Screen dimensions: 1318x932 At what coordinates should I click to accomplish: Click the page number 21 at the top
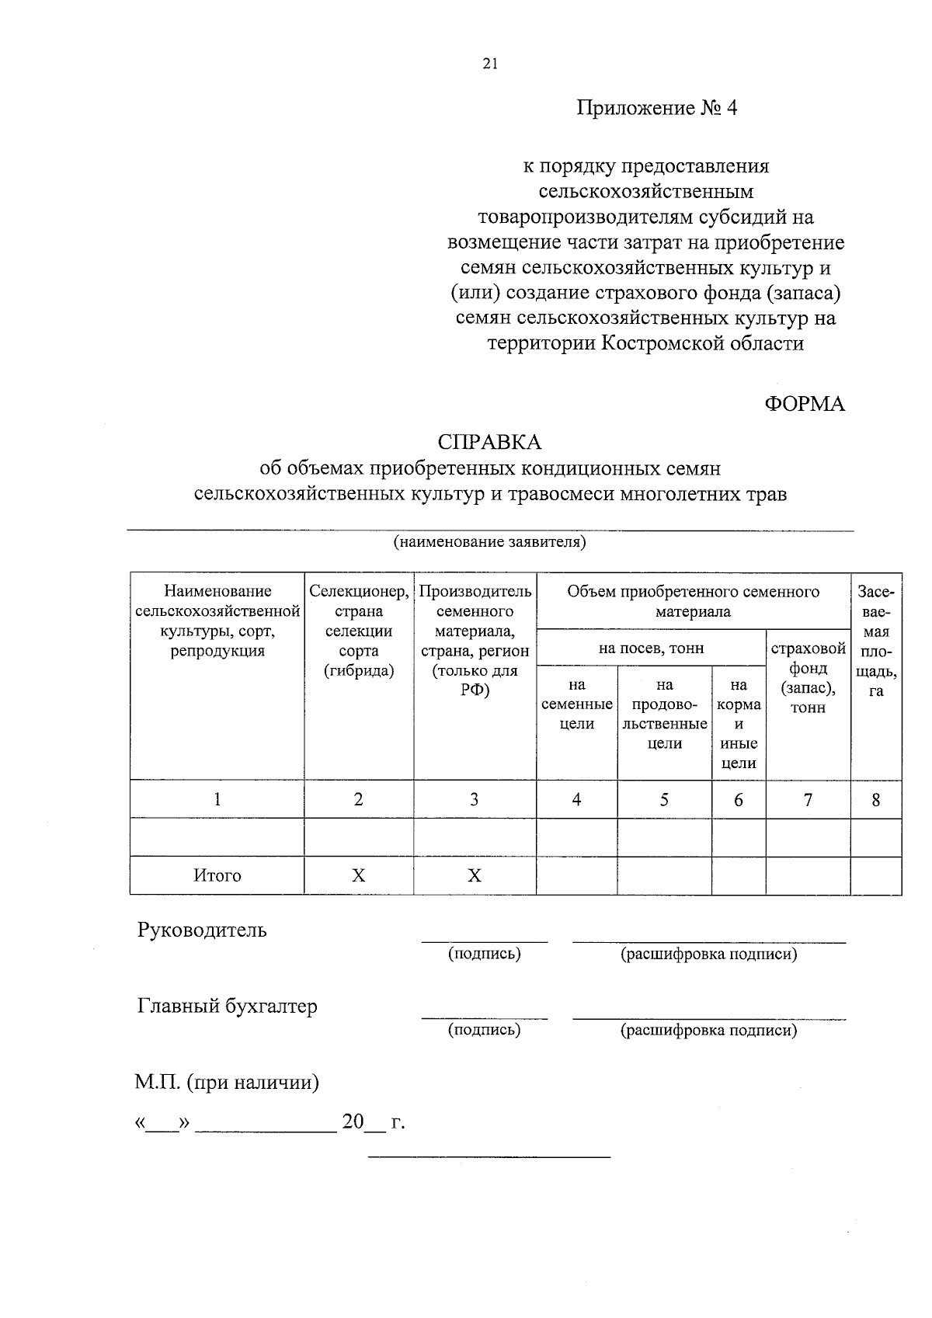pos(489,64)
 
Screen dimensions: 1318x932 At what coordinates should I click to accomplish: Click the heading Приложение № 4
pos(656,107)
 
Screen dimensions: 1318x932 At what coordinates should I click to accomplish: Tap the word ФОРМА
pos(805,404)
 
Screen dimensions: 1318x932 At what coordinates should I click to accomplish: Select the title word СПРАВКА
pos(489,442)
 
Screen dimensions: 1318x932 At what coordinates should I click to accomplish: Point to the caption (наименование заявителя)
pos(489,541)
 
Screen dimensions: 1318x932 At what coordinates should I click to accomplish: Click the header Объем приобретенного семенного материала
pos(693,601)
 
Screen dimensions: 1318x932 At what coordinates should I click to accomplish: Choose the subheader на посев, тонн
pos(651,648)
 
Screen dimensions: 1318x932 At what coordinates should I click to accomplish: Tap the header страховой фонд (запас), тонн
pos(808,677)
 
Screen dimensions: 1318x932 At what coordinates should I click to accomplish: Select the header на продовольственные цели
pos(664,714)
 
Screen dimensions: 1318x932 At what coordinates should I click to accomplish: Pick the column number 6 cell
pos(739,799)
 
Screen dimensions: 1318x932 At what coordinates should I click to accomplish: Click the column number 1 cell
pos(217,799)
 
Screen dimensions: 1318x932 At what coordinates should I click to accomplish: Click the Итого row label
pos(217,875)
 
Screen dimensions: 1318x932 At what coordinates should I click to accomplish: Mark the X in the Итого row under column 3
pos(475,875)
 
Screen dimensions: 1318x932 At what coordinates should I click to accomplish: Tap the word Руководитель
pos(202,930)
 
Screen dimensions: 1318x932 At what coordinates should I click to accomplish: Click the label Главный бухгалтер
pos(228,1006)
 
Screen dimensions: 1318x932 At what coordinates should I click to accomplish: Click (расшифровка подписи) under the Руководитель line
pos(708,954)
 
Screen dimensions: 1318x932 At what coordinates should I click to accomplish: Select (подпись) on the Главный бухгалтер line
pos(484,1030)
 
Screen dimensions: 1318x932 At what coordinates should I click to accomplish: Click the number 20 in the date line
pos(353,1122)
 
